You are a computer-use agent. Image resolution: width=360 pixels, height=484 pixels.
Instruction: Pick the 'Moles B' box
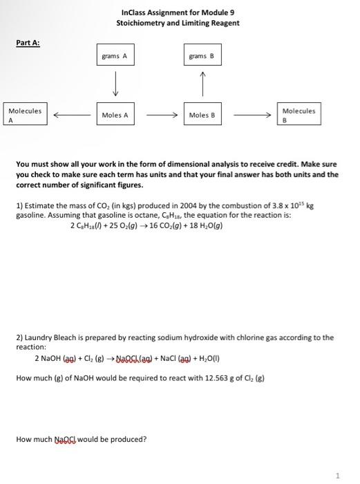pos(202,115)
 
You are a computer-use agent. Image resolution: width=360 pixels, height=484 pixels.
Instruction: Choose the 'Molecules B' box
pos(299,114)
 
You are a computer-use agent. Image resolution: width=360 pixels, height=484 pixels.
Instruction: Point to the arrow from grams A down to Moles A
pos(115,86)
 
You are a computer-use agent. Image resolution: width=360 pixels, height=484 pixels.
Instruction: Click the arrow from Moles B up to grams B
pos(203,86)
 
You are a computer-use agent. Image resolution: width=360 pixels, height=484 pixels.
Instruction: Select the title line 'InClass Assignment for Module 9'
pos(178,13)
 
